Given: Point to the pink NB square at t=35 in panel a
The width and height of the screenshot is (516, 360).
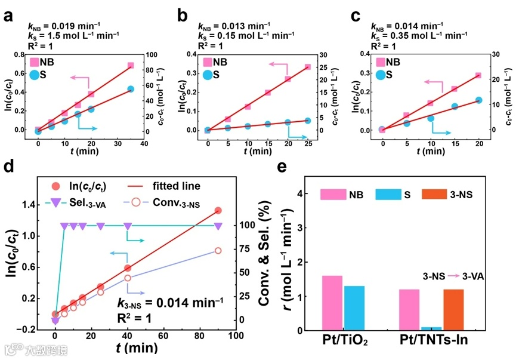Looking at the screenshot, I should point(131,65).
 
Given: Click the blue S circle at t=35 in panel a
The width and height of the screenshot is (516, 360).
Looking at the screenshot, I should point(131,89).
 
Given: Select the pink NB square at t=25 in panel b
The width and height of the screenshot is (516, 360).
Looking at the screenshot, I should point(308,67).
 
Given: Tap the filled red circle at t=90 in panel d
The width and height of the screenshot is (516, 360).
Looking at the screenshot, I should point(218,210).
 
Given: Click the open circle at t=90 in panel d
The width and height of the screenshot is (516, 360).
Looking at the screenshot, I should point(218,251).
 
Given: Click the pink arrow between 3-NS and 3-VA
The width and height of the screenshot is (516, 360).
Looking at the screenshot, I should point(445,276).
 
